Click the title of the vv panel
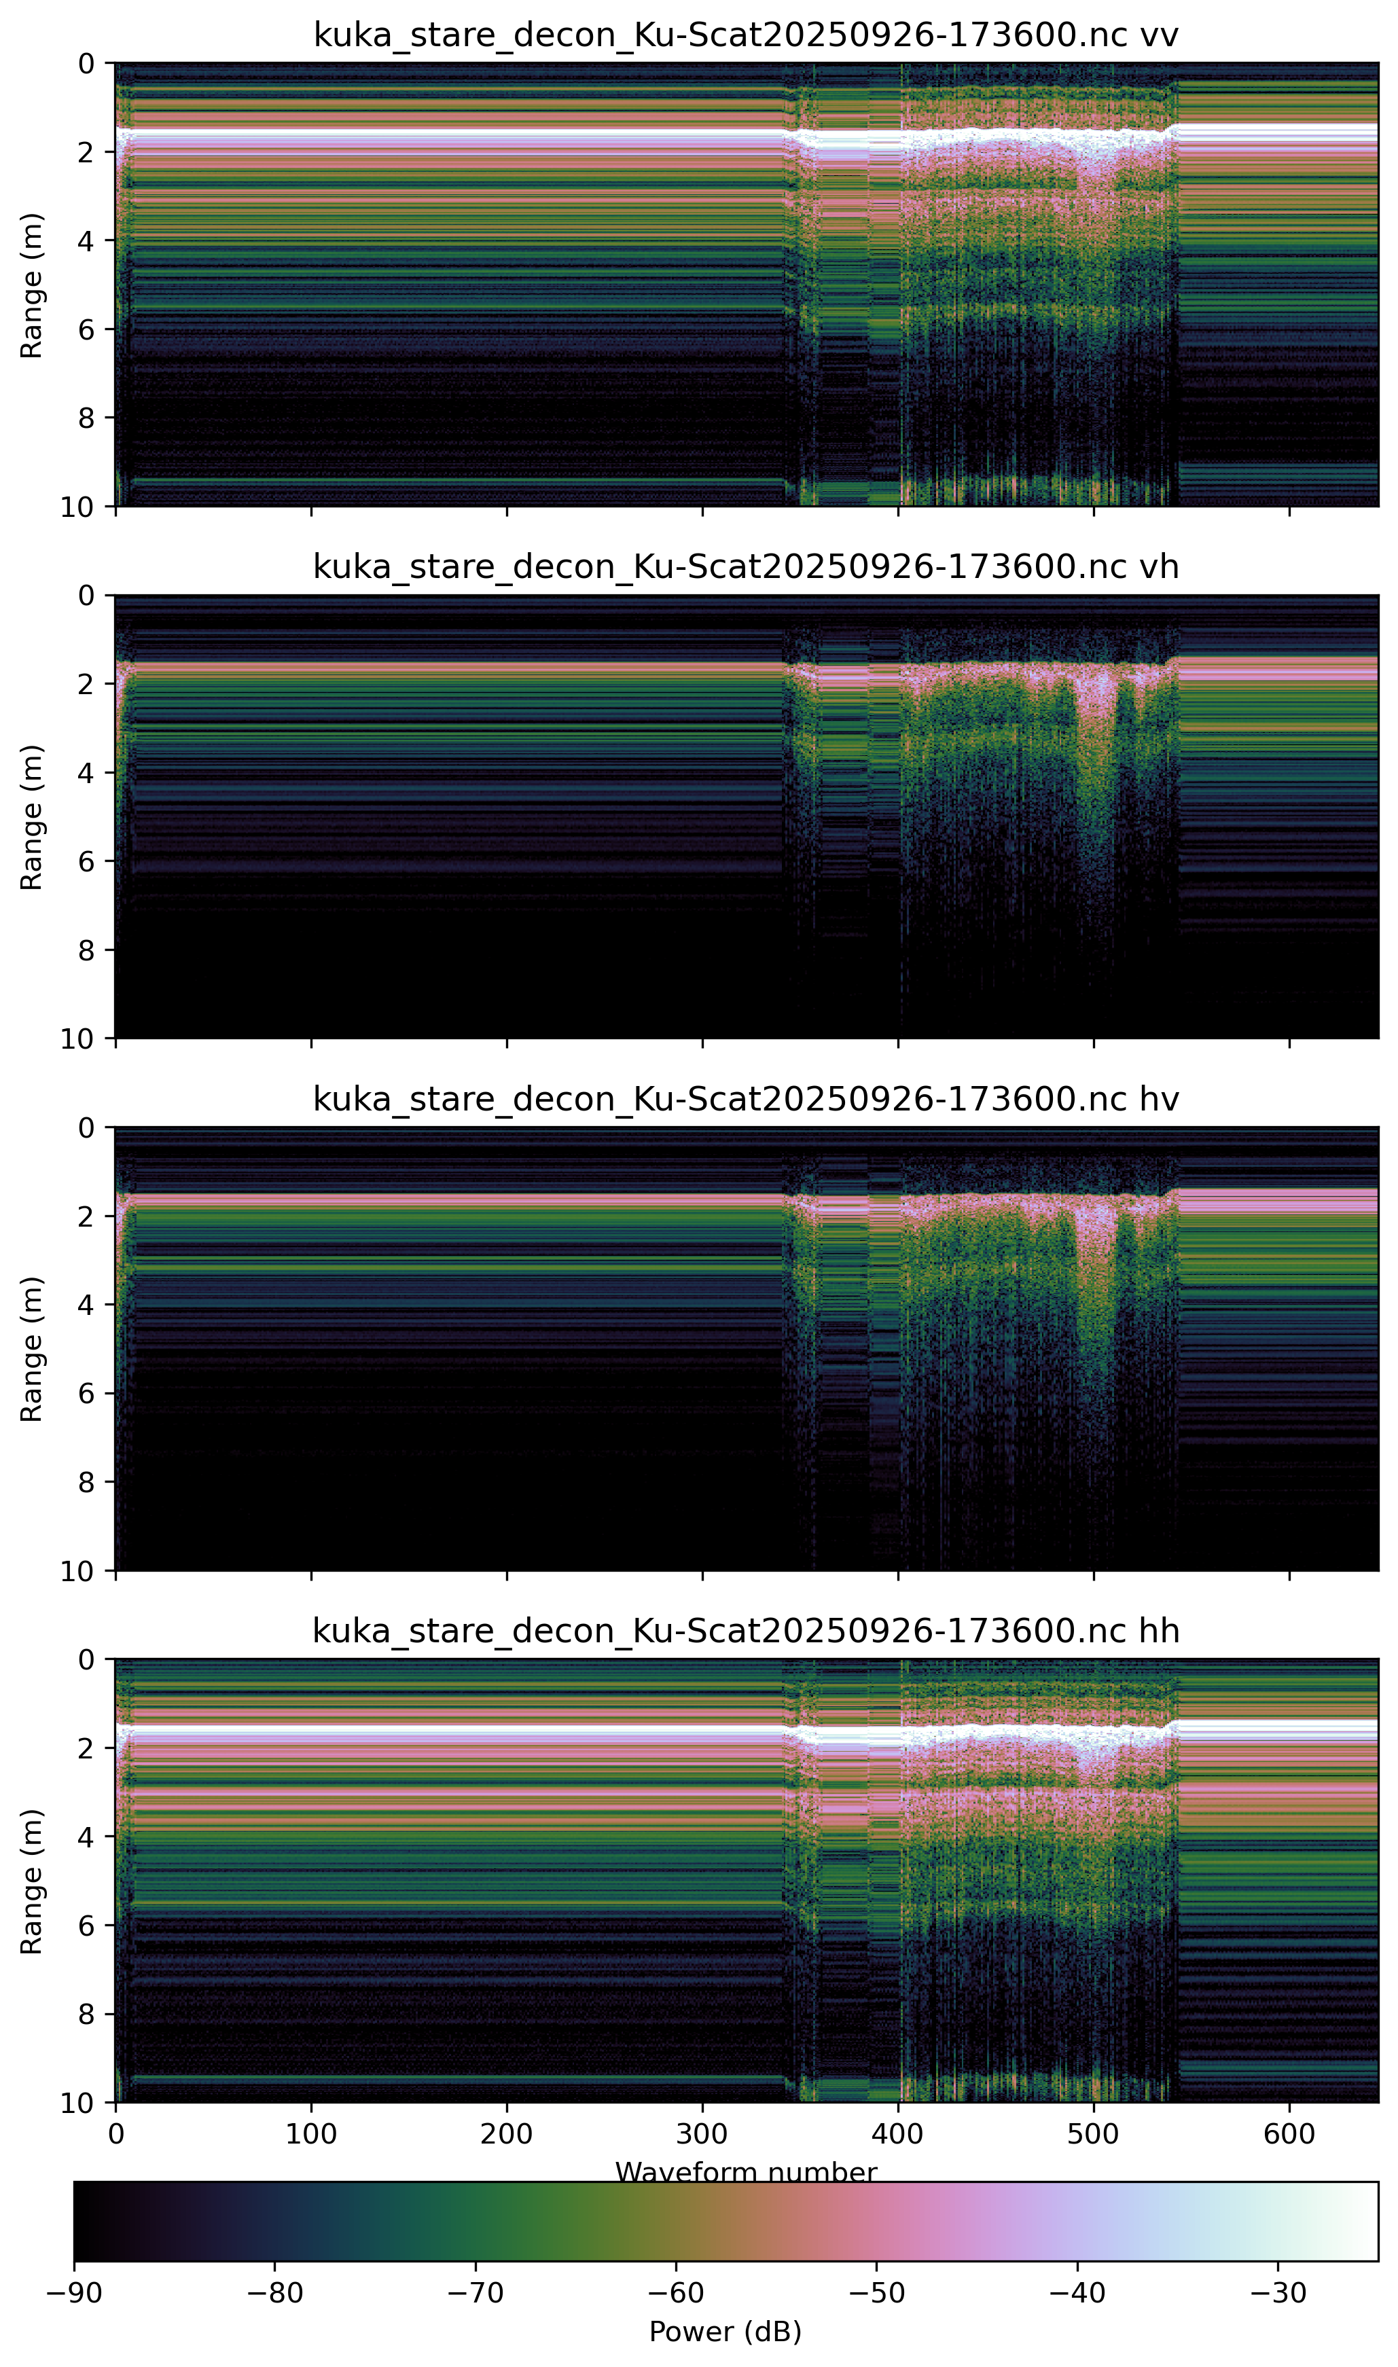(745, 35)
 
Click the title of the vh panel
(745, 567)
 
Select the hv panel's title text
(745, 1099)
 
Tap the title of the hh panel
(745, 1631)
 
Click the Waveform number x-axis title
(745, 2172)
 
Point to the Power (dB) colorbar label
(725, 2331)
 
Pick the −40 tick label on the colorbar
(1077, 2292)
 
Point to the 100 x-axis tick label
(311, 2133)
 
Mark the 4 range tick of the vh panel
(87, 772)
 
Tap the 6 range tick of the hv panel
(87, 1393)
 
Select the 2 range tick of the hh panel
(87, 1748)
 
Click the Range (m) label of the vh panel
(32, 816)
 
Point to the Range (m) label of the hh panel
(32, 1880)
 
